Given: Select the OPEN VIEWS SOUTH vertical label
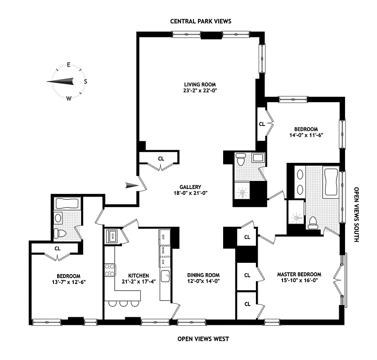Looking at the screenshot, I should point(355,215).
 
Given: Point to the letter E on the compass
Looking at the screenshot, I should point(69,65).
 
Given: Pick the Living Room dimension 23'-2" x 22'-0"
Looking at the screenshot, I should point(200,90).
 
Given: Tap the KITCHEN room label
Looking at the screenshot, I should point(138,275).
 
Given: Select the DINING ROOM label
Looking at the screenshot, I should point(204,275).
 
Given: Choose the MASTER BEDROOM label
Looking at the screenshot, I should point(299,274).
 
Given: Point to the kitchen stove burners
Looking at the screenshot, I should point(109,270).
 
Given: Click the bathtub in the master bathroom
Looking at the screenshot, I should point(331,182).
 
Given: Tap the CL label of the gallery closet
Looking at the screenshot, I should point(161,158).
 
